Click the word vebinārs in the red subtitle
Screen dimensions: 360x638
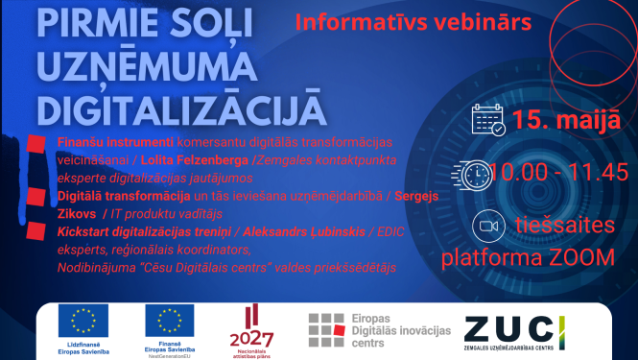point(483,19)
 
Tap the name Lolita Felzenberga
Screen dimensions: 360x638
point(200,157)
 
